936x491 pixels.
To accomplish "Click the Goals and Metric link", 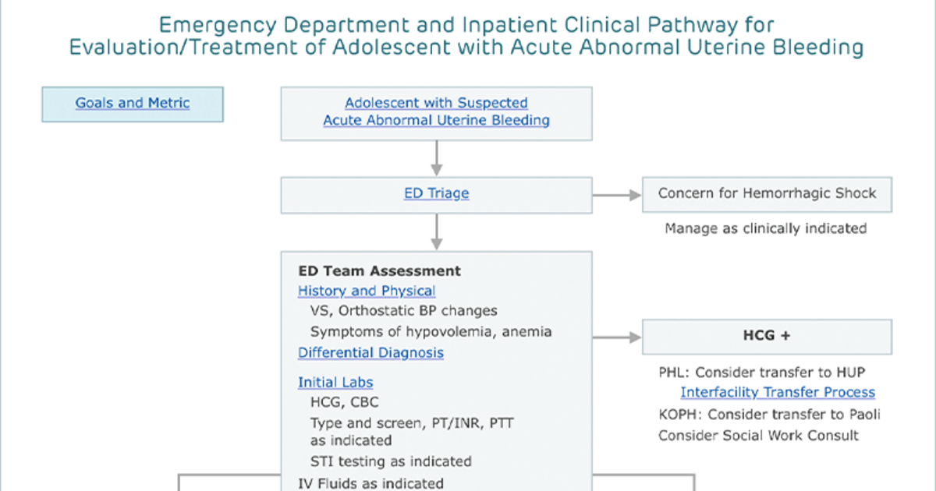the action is (x=133, y=103).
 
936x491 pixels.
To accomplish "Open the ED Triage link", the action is (x=436, y=193).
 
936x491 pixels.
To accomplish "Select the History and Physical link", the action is (x=367, y=291).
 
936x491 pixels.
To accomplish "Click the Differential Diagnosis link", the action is (x=370, y=353).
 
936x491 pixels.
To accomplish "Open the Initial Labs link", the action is (x=335, y=382).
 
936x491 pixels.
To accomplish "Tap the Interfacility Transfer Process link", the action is (x=778, y=392).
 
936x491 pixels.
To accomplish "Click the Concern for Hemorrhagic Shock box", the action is (x=768, y=195).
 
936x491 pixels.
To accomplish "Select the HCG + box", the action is (x=768, y=337).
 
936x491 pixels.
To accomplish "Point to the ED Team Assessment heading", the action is (x=379, y=271).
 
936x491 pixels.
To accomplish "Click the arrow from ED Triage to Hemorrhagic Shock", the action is (x=617, y=195).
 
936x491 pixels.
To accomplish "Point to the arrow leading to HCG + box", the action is (x=617, y=337).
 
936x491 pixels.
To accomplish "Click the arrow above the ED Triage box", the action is (x=437, y=158).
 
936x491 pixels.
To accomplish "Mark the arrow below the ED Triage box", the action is (x=437, y=232).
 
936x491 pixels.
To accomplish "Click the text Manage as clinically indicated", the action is (x=766, y=228).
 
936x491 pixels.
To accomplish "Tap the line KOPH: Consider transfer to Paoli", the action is (x=769, y=414).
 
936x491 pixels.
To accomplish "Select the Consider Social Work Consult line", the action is (x=758, y=436).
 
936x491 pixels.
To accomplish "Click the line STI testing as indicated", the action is (x=391, y=461).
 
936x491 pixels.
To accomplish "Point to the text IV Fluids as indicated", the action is (x=370, y=483).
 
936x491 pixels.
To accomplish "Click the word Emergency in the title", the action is (x=218, y=26).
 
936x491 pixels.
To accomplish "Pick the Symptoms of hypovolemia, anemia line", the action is (x=431, y=331).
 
